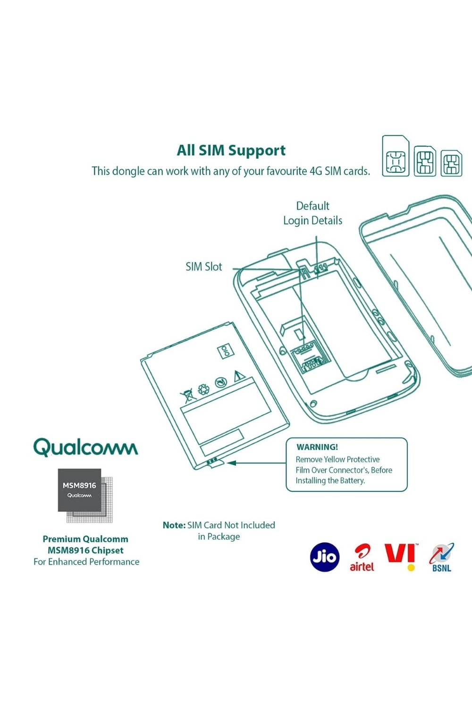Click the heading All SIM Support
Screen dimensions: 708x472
[231, 151]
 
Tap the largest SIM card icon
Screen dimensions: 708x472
[396, 156]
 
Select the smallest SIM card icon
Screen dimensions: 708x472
[451, 163]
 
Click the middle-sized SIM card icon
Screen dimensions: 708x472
[425, 161]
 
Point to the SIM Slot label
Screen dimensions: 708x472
[203, 267]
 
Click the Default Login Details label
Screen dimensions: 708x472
[312, 213]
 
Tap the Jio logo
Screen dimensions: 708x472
[325, 557]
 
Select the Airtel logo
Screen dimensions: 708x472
[362, 558]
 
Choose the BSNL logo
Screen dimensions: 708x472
[441, 557]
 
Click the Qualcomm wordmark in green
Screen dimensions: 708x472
[85, 447]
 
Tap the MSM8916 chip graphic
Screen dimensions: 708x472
[80, 490]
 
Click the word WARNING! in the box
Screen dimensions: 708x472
[317, 447]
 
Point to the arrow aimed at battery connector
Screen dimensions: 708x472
[255, 463]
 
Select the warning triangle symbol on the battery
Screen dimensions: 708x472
[238, 376]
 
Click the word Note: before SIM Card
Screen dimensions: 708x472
[174, 525]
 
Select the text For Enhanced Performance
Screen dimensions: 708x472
[86, 562]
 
